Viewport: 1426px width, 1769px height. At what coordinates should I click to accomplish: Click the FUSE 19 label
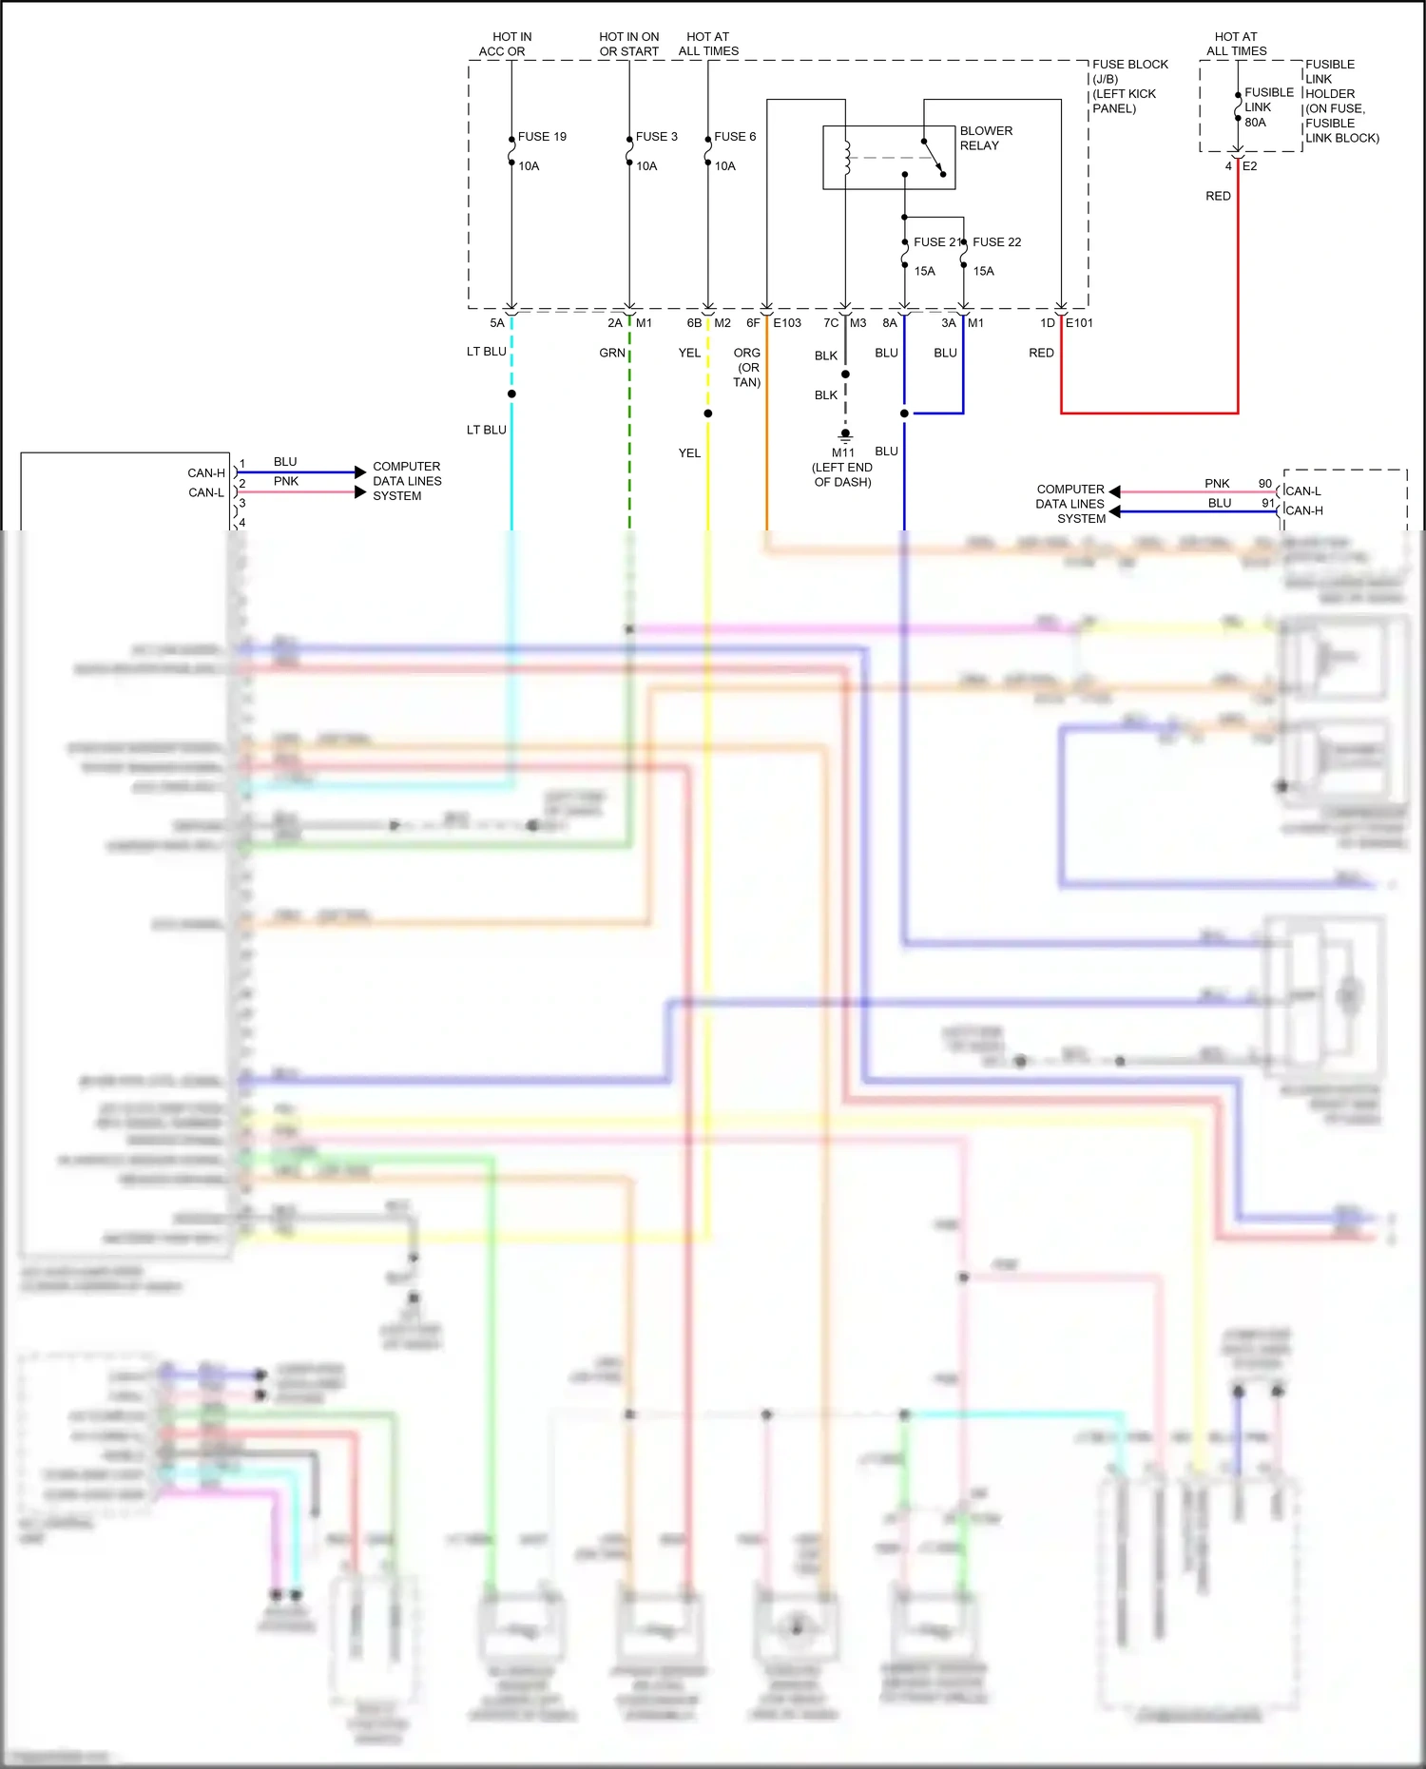coord(542,137)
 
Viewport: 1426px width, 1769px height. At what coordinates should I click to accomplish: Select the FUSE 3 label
coord(656,137)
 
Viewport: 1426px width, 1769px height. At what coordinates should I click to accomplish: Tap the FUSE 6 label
coord(735,137)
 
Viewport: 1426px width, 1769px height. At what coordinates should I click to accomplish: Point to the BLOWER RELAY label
coord(986,138)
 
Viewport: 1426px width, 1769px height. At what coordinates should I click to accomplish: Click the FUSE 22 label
coord(996,242)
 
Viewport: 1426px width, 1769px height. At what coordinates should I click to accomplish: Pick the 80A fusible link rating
coord(1255,123)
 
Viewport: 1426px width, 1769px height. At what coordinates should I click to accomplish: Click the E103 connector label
coord(787,323)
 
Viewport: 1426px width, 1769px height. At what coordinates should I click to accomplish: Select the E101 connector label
coord(1079,323)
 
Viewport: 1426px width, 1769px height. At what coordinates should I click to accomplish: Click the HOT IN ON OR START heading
coord(628,44)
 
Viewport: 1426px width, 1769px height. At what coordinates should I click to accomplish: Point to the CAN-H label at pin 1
coord(206,472)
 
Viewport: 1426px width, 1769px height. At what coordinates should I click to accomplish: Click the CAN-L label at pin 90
coord(1303,491)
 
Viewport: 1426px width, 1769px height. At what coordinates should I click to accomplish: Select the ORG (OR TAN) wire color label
coord(747,367)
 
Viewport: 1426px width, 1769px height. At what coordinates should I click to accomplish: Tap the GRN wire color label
coord(612,353)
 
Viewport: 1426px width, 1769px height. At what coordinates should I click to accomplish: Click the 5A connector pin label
coord(497,323)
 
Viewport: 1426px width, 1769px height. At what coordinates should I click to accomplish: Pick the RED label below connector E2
coord(1218,196)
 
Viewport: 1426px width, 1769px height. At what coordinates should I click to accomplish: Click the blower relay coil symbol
coord(846,158)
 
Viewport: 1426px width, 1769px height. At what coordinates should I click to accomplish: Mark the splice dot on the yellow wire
coord(708,413)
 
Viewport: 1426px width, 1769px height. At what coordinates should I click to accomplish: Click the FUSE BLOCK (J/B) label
coord(1129,71)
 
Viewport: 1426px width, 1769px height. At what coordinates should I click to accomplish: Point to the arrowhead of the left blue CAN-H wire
coord(359,472)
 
